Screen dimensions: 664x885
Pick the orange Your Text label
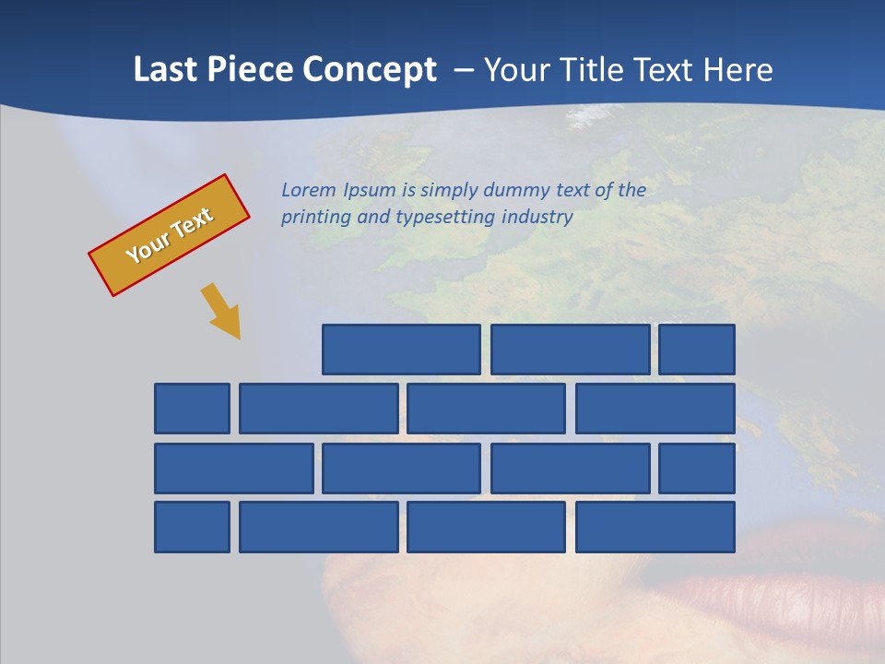[x=169, y=235]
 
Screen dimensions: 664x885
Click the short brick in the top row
[x=697, y=350]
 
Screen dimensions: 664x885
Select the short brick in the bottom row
[x=192, y=528]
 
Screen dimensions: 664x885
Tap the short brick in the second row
[x=192, y=409]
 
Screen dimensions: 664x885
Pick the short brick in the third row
[x=697, y=468]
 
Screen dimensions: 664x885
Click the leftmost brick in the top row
[x=401, y=350]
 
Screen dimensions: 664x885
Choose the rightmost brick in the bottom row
[x=655, y=528]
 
